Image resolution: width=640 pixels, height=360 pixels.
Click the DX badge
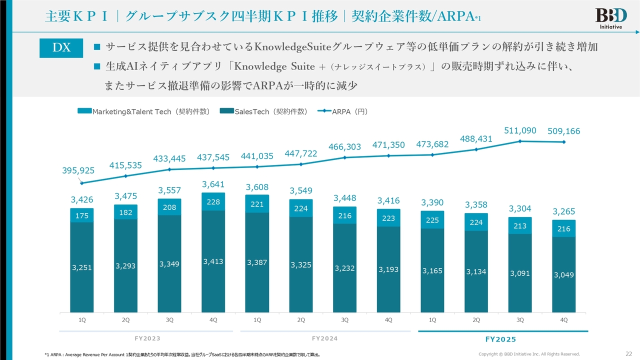(61, 47)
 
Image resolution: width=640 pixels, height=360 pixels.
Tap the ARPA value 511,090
(520, 131)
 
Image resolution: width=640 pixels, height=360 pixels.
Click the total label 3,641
(213, 184)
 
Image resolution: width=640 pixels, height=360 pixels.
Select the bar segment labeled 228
(213, 201)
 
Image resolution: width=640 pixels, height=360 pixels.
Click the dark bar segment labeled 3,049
(564, 274)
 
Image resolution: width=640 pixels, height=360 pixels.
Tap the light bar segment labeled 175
(81, 215)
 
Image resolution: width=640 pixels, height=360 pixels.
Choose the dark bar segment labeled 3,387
(257, 262)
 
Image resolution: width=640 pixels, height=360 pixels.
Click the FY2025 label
(500, 339)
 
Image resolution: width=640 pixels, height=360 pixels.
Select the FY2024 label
(324, 338)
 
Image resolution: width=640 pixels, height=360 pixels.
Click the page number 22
(628, 354)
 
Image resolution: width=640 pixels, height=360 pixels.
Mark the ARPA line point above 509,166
(564, 142)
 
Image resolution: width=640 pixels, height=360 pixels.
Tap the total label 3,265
(563, 211)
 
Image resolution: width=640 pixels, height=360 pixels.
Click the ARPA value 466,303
(344, 147)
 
